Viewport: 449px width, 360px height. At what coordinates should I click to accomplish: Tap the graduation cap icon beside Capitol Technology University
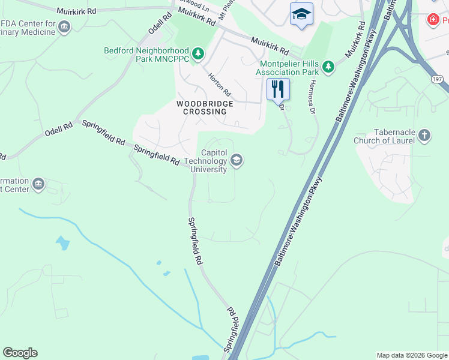(x=237, y=160)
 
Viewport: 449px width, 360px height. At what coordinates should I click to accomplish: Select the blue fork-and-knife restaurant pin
(x=278, y=89)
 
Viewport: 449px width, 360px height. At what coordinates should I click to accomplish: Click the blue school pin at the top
(x=301, y=14)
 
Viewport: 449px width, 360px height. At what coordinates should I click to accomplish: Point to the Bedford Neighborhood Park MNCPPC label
(x=146, y=55)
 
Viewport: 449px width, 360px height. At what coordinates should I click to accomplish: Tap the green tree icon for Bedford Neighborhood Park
(x=198, y=53)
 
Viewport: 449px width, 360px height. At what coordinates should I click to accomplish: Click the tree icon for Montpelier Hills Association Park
(x=328, y=67)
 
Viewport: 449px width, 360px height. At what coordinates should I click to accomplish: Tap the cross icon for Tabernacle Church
(x=424, y=135)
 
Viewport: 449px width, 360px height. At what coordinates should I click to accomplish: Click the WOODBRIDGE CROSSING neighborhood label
(x=204, y=107)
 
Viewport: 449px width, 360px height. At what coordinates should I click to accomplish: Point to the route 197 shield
(x=437, y=79)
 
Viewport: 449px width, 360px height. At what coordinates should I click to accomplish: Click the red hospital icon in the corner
(x=432, y=20)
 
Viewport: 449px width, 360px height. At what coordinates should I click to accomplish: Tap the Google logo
(x=20, y=353)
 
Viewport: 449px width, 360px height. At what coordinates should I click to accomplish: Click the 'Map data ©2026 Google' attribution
(x=411, y=355)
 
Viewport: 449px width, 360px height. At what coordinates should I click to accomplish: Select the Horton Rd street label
(x=219, y=85)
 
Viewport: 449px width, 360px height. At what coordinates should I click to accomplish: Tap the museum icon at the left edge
(x=38, y=184)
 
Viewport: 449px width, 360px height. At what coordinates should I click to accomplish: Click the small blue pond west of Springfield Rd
(x=62, y=243)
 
